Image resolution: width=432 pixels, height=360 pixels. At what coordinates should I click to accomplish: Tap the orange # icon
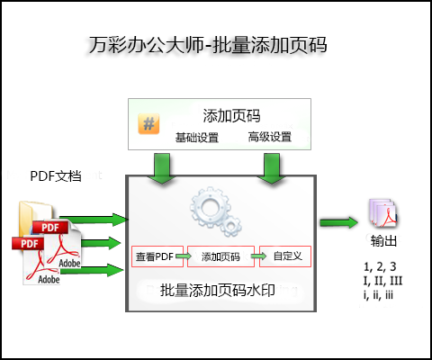[149, 123]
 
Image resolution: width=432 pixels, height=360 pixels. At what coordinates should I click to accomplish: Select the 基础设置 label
[197, 138]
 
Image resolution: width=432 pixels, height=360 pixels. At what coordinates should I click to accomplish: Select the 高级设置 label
[270, 138]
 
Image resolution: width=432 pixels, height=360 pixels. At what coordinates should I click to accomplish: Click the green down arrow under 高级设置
[271, 168]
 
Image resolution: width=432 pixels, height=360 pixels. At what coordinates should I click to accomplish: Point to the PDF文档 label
[57, 175]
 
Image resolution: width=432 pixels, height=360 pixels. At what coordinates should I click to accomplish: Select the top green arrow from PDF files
[105, 218]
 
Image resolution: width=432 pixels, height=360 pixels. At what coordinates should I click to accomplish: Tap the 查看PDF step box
[154, 256]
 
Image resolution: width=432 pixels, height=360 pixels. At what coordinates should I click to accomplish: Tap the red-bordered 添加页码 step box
[220, 256]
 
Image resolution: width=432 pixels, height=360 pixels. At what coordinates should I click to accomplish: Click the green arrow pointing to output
[338, 222]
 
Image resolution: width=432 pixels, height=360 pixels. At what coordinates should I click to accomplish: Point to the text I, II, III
[383, 281]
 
